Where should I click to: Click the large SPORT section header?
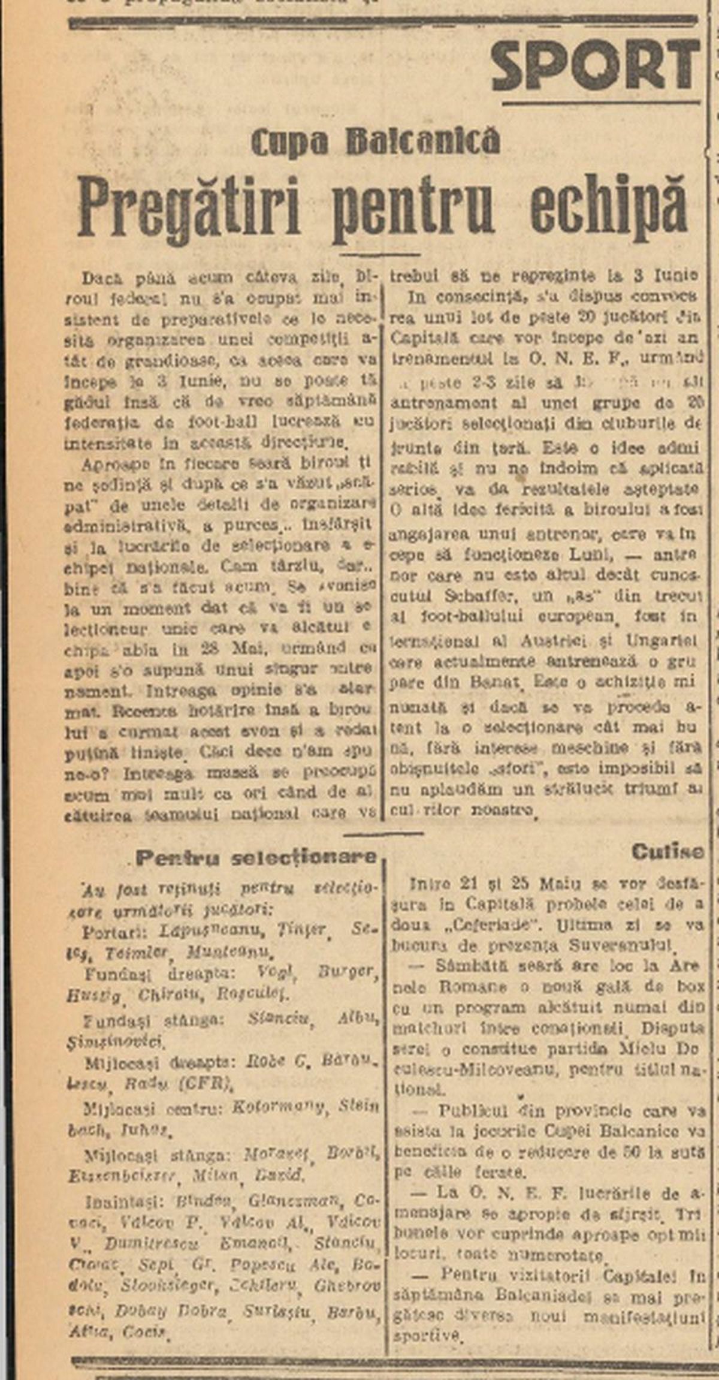[x=595, y=64]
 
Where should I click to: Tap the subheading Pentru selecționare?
[x=256, y=857]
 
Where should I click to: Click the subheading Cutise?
[x=667, y=852]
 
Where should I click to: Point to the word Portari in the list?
[x=117, y=932]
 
